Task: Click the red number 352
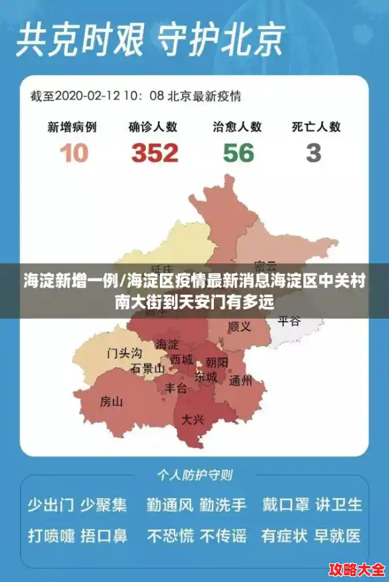pyautogui.click(x=155, y=153)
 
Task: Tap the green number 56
pyautogui.click(x=238, y=153)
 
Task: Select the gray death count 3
pyautogui.click(x=313, y=153)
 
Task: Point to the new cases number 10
pyautogui.click(x=73, y=153)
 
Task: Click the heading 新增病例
pyautogui.click(x=72, y=127)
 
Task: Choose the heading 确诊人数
pyautogui.click(x=153, y=127)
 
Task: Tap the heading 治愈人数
pyautogui.click(x=237, y=127)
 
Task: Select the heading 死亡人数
pyautogui.click(x=316, y=127)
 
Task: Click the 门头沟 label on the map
pyautogui.click(x=125, y=353)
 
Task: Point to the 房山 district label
pyautogui.click(x=111, y=402)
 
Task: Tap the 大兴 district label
pyautogui.click(x=193, y=420)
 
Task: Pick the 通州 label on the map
pyautogui.click(x=240, y=382)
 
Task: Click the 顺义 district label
pyautogui.click(x=239, y=327)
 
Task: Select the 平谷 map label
pyautogui.click(x=289, y=322)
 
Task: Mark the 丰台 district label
pyautogui.click(x=177, y=388)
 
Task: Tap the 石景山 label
pyautogui.click(x=148, y=368)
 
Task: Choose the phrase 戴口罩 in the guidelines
pyautogui.click(x=285, y=505)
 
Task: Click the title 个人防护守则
pyautogui.click(x=195, y=475)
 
